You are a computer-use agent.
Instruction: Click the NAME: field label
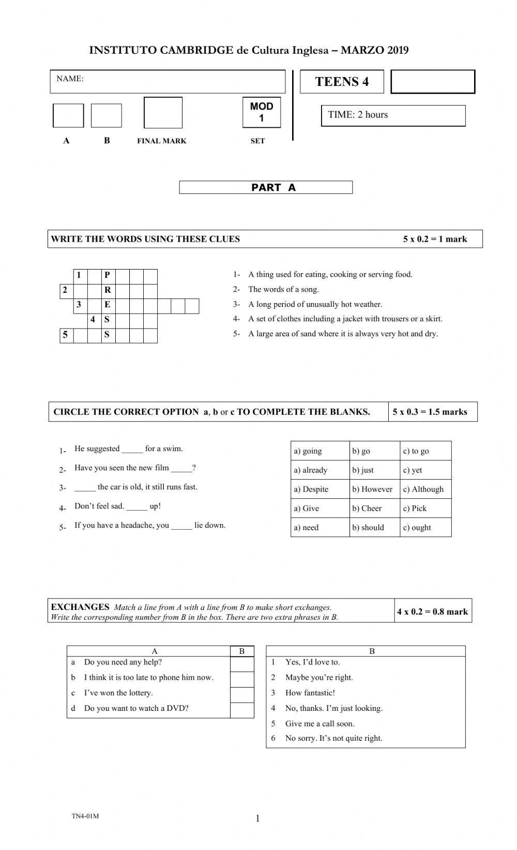point(70,79)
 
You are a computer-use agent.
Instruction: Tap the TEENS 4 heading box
point(342,82)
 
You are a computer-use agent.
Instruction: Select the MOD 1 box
point(262,112)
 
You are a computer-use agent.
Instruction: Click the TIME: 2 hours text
point(358,115)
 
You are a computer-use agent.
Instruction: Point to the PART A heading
point(266,187)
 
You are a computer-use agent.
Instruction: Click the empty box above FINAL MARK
point(163,113)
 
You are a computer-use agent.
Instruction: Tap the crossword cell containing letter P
point(108,275)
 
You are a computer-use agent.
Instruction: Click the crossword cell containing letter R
point(108,290)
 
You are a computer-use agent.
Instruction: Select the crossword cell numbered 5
point(66,335)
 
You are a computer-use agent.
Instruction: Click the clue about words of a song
point(283,290)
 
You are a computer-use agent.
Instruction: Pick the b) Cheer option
point(367,509)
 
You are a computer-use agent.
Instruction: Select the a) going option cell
point(308,451)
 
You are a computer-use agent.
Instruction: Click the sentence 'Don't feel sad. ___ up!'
point(117,506)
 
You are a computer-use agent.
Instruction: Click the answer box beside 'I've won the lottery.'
point(242,693)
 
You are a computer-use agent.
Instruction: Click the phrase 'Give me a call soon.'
point(320,724)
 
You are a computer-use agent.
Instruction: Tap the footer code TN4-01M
point(85,816)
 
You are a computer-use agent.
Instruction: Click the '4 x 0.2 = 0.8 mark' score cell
point(432,612)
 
